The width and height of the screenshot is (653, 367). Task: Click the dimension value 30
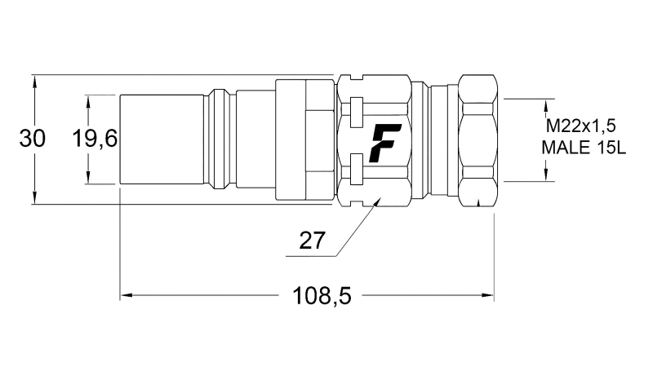tap(32, 139)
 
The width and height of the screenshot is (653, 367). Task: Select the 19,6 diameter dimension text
tap(95, 139)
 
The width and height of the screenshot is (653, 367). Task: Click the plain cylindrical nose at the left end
tap(162, 139)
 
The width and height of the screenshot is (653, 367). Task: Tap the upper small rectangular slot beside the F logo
tap(355, 107)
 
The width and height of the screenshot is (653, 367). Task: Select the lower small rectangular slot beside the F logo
tap(355, 172)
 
